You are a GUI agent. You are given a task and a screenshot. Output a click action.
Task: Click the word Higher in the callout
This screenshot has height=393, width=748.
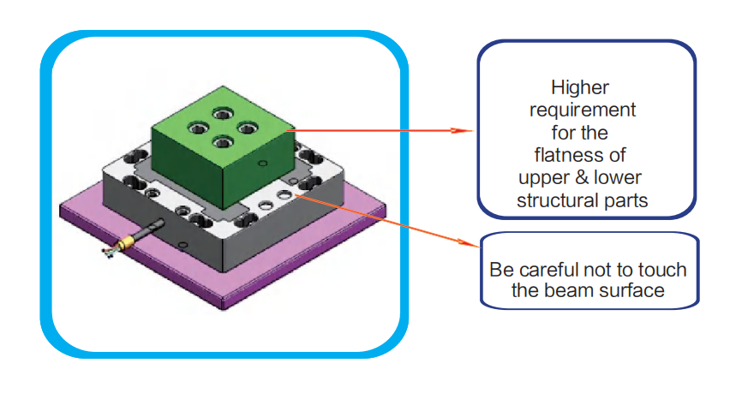[579, 86]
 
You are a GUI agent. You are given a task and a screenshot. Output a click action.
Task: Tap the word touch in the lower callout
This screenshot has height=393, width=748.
[663, 270]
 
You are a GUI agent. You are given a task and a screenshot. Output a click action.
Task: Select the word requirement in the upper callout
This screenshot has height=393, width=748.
[583, 110]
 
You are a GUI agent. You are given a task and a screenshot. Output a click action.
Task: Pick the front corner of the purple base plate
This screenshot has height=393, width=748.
[224, 303]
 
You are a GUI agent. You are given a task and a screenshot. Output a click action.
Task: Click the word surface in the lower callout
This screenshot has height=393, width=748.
[634, 290]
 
